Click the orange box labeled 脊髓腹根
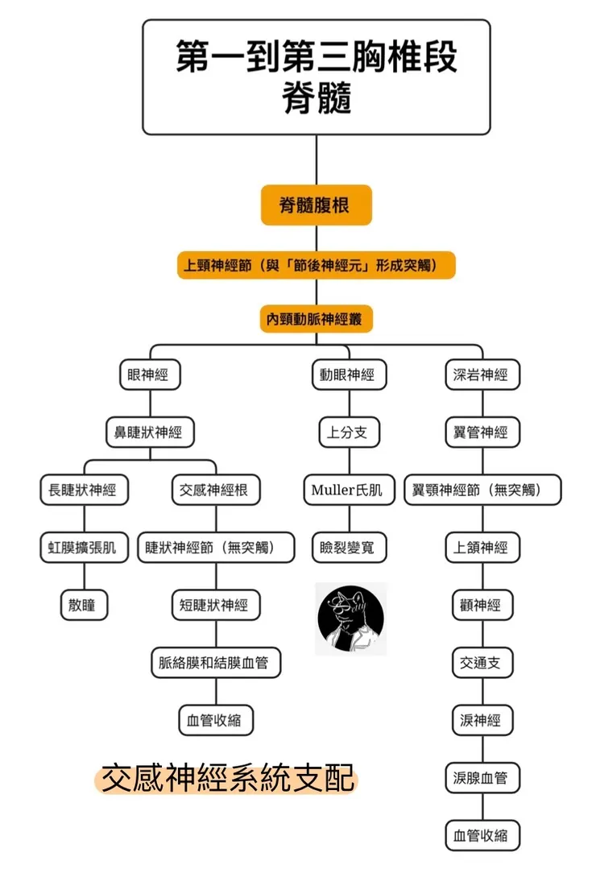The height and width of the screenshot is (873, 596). (x=316, y=205)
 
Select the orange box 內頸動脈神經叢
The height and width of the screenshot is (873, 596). (x=316, y=319)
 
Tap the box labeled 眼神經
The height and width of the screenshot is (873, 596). (x=147, y=374)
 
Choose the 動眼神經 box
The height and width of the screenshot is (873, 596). (x=348, y=374)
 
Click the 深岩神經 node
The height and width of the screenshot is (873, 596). (x=482, y=374)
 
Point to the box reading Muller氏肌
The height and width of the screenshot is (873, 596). (x=347, y=490)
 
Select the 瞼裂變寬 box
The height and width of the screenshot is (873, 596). (x=347, y=548)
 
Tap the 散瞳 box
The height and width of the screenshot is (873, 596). (x=83, y=605)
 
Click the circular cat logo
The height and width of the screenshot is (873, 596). (x=350, y=619)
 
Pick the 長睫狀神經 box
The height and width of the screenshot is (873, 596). (x=83, y=490)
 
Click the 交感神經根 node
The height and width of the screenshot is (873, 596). (x=215, y=490)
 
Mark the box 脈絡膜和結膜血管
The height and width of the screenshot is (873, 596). (x=215, y=663)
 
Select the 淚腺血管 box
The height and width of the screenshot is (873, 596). (x=482, y=778)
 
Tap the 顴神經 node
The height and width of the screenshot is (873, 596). (x=482, y=605)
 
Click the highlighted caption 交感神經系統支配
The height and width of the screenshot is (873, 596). (x=226, y=779)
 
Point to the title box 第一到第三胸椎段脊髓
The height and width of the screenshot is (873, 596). (x=316, y=77)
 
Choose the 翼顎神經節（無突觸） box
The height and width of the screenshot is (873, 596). (x=482, y=490)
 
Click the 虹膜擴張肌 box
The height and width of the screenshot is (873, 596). (x=83, y=548)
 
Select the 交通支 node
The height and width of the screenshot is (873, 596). (x=482, y=663)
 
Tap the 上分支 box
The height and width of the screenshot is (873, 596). (x=347, y=432)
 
